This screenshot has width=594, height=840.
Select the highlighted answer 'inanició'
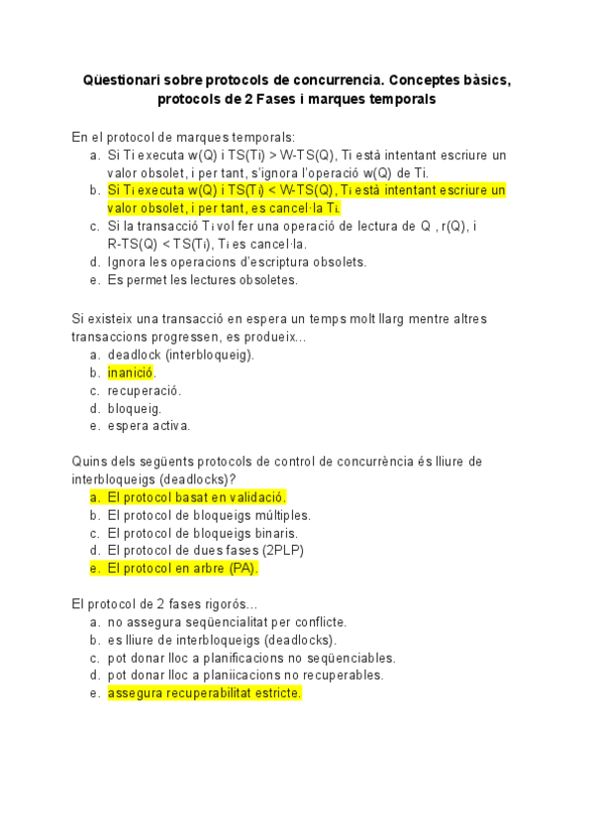131,372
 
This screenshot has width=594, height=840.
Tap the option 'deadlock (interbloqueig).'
180,355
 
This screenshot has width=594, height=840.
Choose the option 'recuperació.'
145,390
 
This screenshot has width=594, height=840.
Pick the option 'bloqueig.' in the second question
135,408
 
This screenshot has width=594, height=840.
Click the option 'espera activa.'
148,426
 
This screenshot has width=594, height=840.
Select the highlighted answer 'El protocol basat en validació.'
196,497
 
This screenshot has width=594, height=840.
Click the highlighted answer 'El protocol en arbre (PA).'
182,569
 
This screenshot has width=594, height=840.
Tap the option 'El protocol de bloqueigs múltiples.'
209,515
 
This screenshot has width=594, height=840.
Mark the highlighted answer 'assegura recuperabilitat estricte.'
204,693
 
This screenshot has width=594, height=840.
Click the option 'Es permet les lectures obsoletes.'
202,279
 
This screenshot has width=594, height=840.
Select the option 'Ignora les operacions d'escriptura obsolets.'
237,262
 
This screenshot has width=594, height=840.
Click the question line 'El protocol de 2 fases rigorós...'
164,604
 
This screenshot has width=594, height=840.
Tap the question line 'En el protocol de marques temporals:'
183,137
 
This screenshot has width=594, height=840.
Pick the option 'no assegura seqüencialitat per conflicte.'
227,622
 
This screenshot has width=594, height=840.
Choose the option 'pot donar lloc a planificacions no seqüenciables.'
251,658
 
